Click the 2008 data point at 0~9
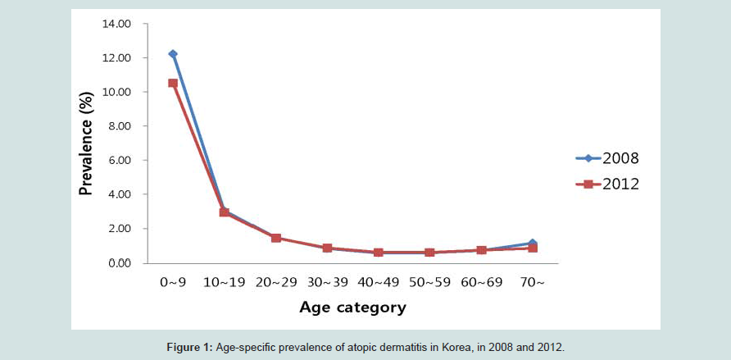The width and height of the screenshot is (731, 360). (173, 54)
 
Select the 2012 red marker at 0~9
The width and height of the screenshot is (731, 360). (173, 83)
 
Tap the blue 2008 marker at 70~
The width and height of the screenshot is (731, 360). (532, 243)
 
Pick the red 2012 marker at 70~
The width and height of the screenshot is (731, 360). (533, 248)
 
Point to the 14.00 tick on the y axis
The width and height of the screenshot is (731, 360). (116, 24)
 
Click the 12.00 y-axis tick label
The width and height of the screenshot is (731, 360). (116, 58)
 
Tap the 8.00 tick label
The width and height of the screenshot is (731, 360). (119, 126)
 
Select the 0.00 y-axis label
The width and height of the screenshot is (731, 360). (119, 262)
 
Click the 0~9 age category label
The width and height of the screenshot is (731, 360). (173, 282)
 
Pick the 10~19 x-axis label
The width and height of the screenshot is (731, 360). (224, 282)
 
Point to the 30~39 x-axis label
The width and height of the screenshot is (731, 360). (327, 282)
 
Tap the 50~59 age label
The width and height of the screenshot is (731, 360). (429, 282)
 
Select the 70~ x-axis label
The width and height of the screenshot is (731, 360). (532, 282)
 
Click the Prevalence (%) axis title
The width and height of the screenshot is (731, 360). (85, 143)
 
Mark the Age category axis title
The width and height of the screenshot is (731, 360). (352, 308)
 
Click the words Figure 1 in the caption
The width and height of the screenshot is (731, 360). (189, 347)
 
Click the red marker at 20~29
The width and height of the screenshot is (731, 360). (275, 238)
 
